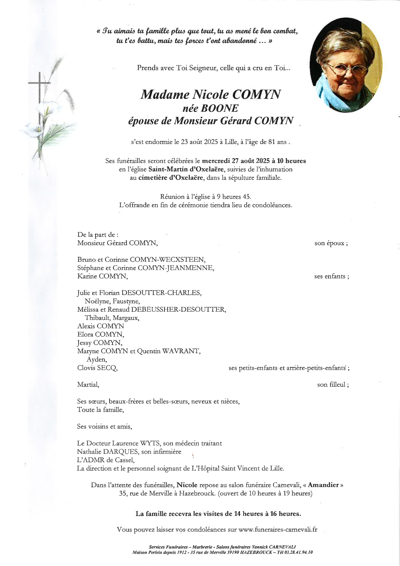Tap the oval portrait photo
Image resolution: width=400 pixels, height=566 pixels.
click(x=346, y=65)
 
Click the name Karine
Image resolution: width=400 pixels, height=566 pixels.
click(x=87, y=276)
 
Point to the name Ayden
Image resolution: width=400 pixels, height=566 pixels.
click(x=97, y=359)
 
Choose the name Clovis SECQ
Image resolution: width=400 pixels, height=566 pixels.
click(x=97, y=368)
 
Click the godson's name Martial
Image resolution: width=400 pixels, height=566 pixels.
click(x=88, y=384)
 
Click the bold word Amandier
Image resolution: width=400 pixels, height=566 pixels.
click(x=323, y=485)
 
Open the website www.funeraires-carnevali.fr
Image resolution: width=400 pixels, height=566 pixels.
click(x=277, y=529)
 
